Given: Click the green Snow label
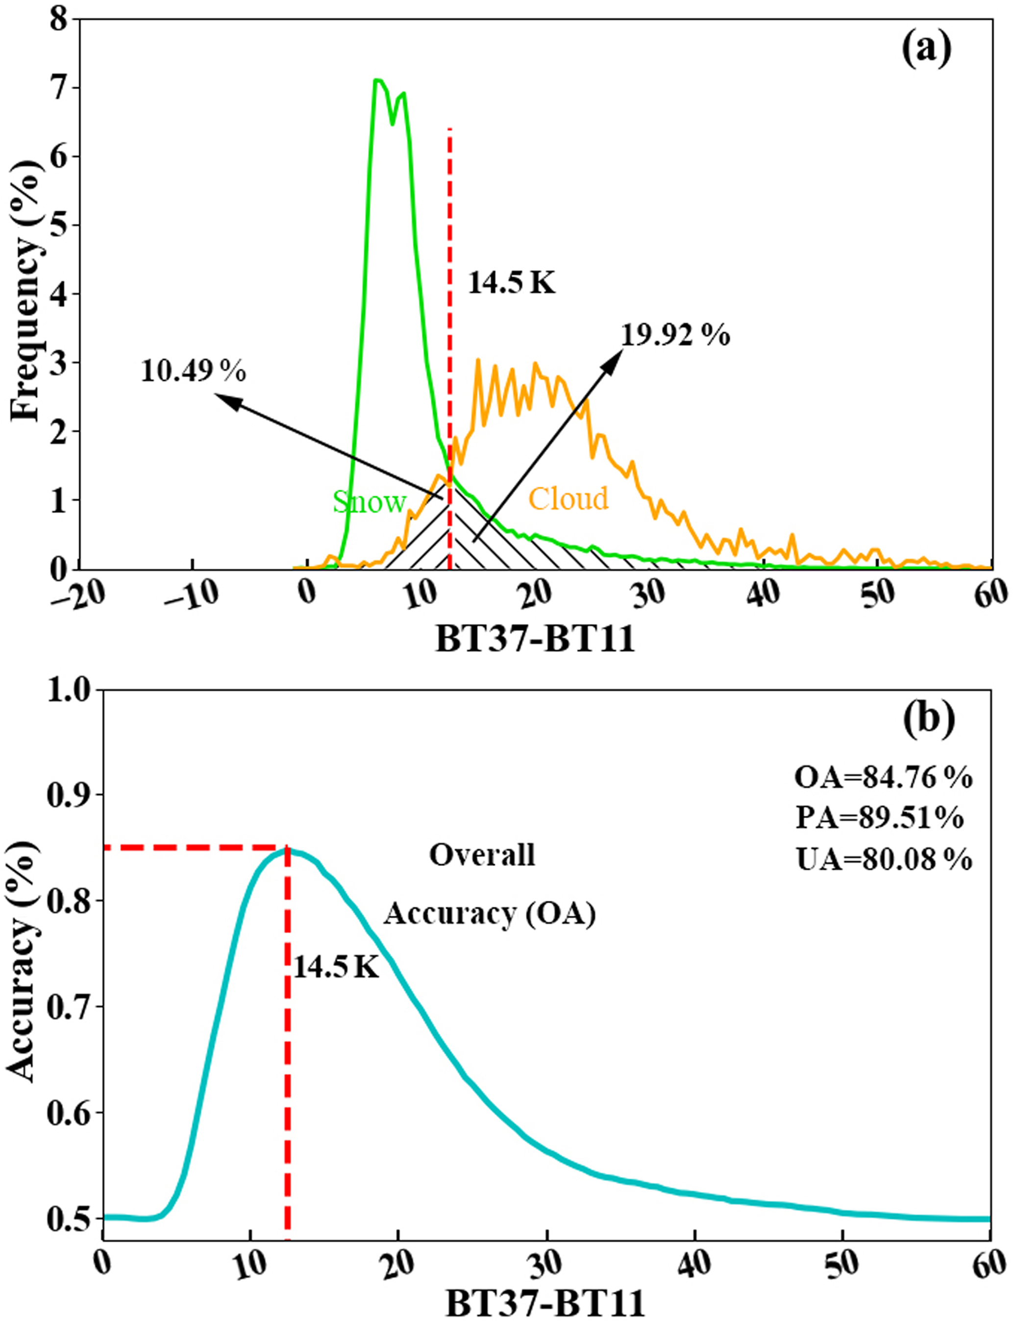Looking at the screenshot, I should (370, 501).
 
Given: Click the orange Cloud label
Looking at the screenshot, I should (568, 498).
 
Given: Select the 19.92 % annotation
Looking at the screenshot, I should (675, 335).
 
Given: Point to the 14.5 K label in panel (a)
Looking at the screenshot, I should (511, 282).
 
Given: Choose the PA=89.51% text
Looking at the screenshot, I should (879, 818).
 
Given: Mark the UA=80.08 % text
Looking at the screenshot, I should (883, 859).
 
